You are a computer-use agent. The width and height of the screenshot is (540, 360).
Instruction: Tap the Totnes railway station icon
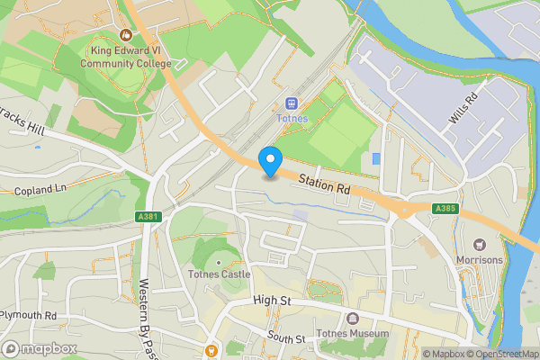pyautogui.click(x=292, y=104)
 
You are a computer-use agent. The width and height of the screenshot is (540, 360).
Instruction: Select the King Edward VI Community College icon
pyautogui.click(x=124, y=37)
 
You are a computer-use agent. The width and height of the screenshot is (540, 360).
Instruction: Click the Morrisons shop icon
pyautogui.click(x=480, y=244)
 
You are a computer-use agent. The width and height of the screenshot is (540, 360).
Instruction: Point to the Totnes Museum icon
pyautogui.click(x=352, y=319)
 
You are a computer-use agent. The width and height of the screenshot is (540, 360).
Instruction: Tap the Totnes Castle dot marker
pyautogui.click(x=216, y=263)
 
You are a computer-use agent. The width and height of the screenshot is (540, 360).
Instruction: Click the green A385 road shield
pyautogui.click(x=444, y=209)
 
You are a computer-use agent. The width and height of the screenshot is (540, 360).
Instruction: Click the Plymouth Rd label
pyautogui.click(x=28, y=316)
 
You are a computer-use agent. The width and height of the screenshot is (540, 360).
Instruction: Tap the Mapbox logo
pyautogui.click(x=38, y=348)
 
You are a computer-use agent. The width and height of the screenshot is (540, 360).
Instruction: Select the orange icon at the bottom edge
pyautogui.click(x=211, y=350)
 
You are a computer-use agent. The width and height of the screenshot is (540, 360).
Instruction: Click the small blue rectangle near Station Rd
pyautogui.click(x=375, y=159)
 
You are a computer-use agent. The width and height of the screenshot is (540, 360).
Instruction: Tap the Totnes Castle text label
pyautogui.click(x=217, y=274)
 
